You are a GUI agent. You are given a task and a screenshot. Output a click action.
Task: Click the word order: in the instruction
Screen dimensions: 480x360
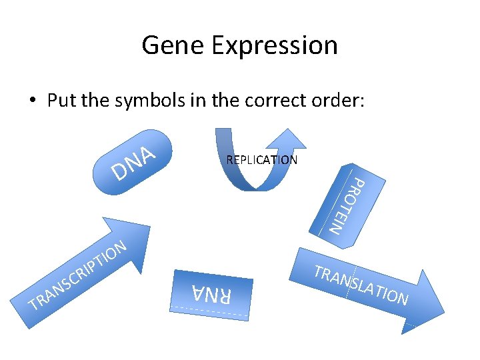coord(340,101)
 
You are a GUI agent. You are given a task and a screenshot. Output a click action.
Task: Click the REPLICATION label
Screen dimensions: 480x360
coord(261,160)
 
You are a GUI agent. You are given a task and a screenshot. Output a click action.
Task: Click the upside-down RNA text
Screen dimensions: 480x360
coord(211,294)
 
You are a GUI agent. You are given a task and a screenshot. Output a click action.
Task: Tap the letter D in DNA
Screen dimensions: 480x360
coord(120,172)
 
